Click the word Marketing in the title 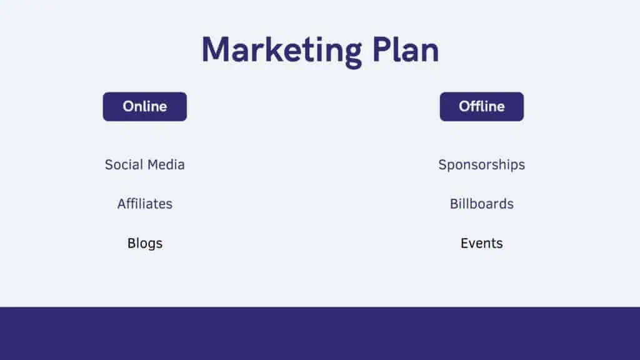[282, 51]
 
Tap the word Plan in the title [406, 50]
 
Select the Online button [145, 106]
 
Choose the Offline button [482, 106]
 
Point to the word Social [123, 164]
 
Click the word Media [166, 164]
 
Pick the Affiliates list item [145, 204]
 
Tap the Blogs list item [145, 244]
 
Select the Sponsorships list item [482, 165]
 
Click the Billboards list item [482, 204]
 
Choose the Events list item [482, 243]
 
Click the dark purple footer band [320, 334]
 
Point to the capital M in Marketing [216, 50]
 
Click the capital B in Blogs [131, 243]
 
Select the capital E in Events [464, 243]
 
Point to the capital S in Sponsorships [443, 164]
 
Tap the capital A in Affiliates [122, 204]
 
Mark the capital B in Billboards [454, 204]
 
